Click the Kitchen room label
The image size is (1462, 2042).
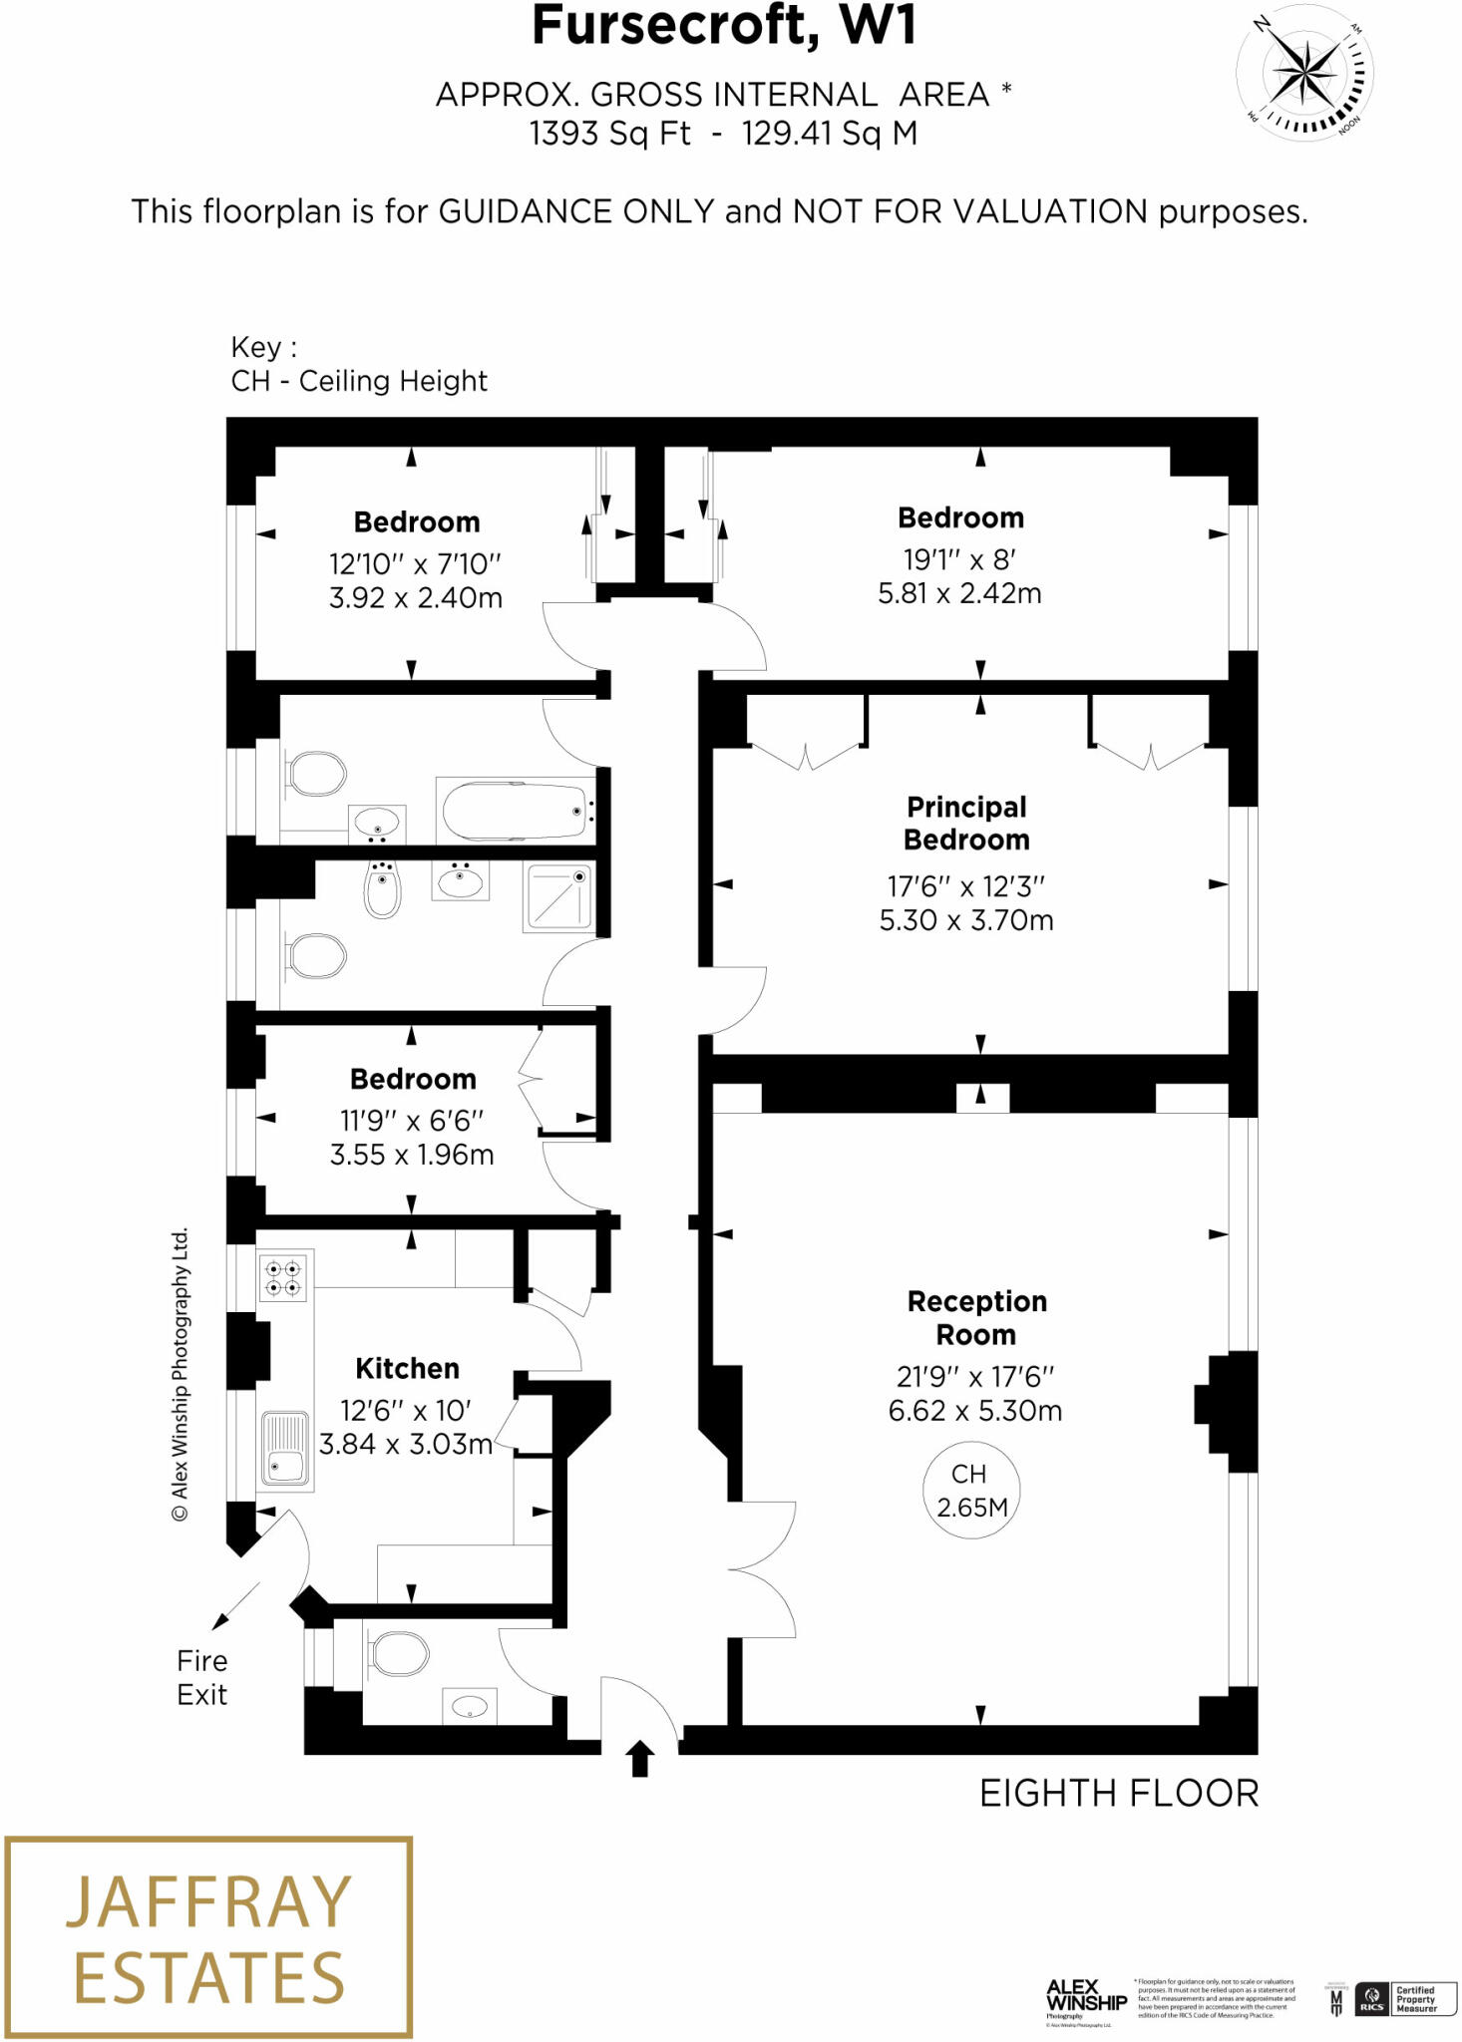pos(407,1368)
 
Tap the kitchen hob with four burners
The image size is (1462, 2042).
pos(282,1278)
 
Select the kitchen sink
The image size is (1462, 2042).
pos(285,1449)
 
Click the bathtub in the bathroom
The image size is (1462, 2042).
pos(515,812)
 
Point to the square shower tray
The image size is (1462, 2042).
pos(557,898)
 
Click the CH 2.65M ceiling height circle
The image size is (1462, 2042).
pos(970,1490)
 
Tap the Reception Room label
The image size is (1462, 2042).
pos(976,1317)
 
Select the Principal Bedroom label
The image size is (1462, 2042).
pos(966,823)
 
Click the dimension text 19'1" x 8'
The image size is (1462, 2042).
pos(959,559)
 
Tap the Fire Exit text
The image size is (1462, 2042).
pos(202,1677)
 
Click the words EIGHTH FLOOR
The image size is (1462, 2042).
pos(1119,1794)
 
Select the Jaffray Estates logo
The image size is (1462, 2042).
pos(208,1937)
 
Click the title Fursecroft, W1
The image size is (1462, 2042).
pos(724,26)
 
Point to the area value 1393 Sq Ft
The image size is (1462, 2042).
pos(609,134)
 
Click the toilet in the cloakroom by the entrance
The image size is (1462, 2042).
pos(398,1654)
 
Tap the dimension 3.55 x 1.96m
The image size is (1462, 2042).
pos(412,1155)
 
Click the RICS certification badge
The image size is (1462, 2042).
pos(1372,1998)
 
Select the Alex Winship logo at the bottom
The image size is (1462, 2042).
pos(1085,1998)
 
